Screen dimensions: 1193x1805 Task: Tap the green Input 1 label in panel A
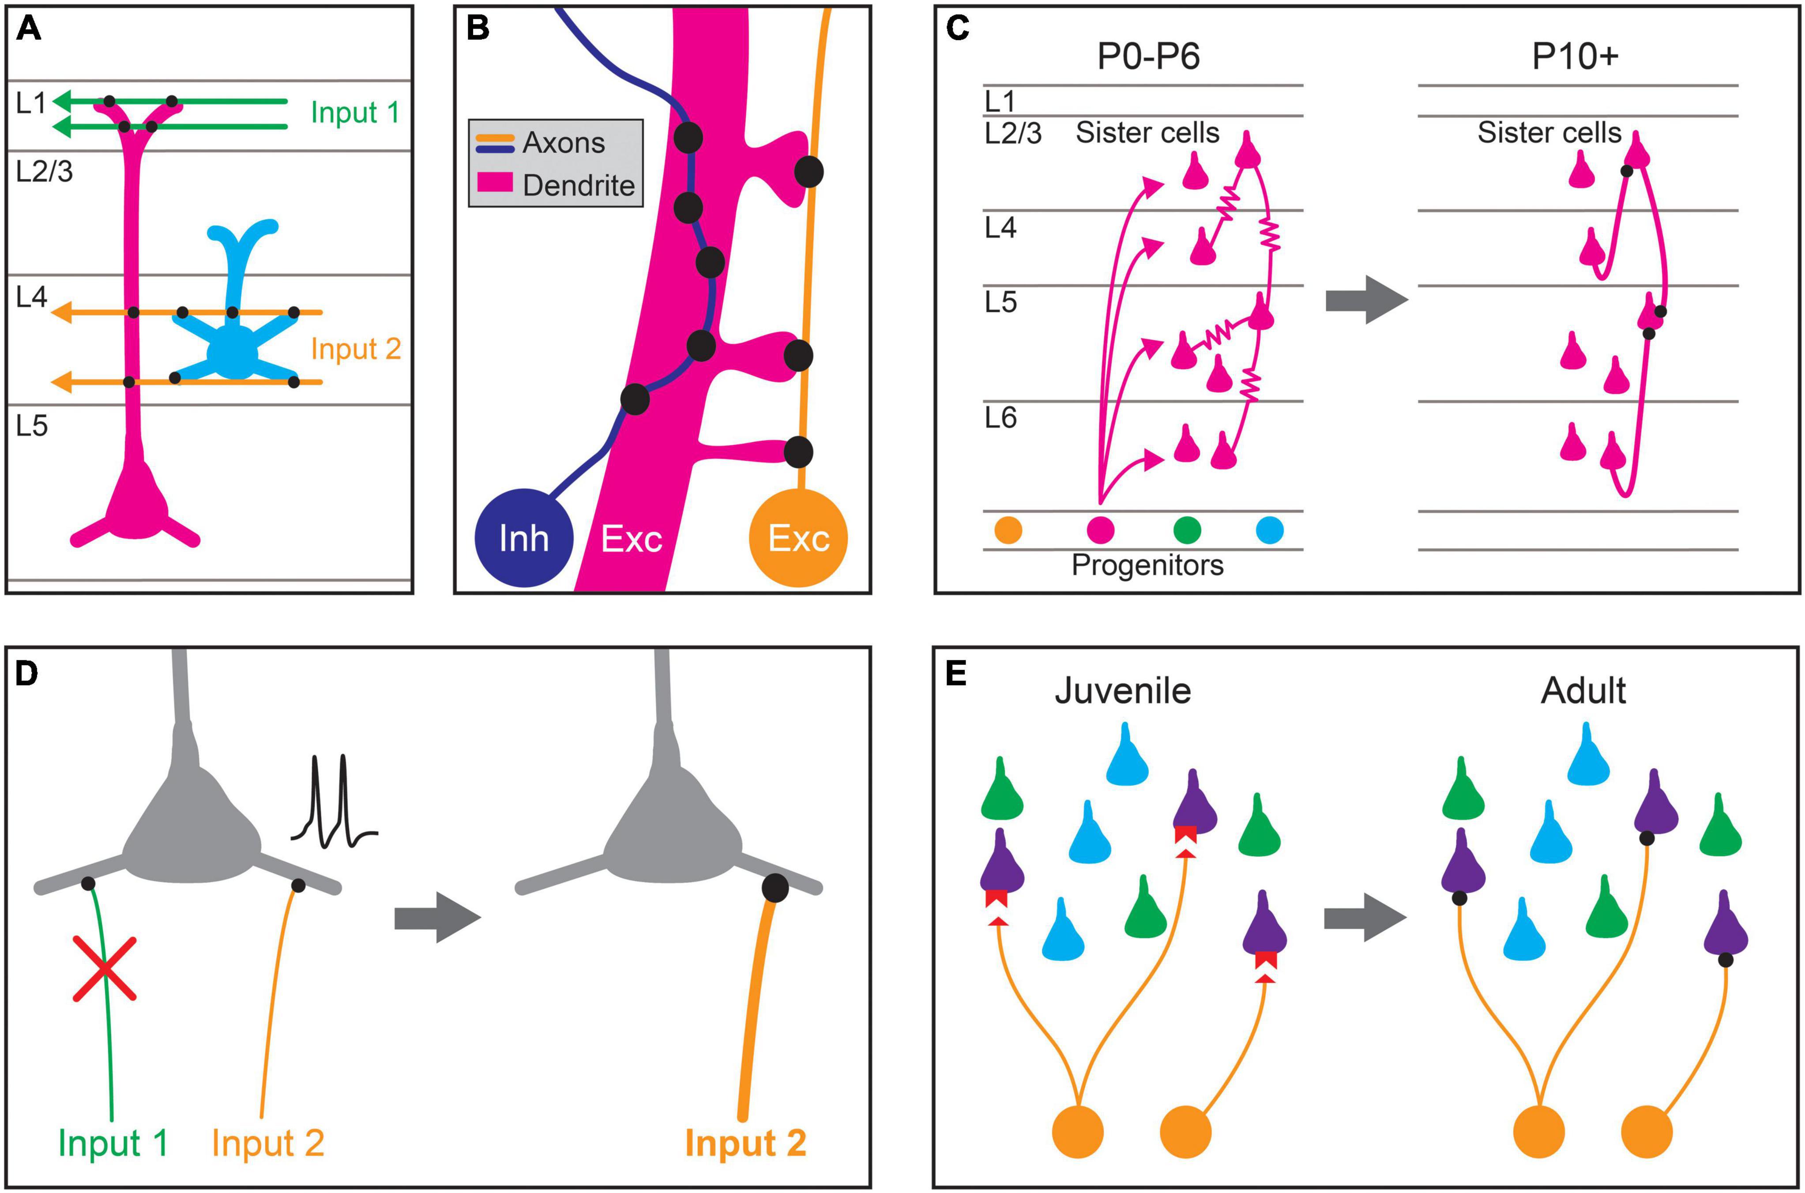[354, 113]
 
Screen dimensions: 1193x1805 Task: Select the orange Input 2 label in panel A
[355, 349]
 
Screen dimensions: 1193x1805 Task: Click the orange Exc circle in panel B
[798, 538]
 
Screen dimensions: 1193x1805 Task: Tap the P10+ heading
[1575, 57]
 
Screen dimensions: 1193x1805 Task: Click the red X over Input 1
[105, 968]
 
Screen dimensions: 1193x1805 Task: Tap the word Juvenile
[1123, 691]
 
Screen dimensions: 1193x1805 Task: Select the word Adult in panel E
[1583, 691]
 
